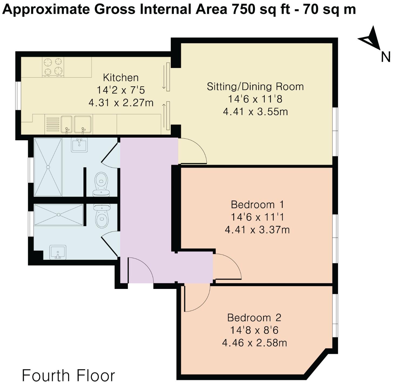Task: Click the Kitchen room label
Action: (x=121, y=78)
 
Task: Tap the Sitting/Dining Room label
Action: (x=255, y=87)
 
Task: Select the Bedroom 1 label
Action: (x=257, y=205)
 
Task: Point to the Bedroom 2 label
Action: (x=254, y=318)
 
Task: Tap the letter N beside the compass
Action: (x=385, y=57)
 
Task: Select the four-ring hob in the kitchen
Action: (x=53, y=67)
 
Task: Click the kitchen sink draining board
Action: (x=53, y=124)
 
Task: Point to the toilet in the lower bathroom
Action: (x=102, y=216)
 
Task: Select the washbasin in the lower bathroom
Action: (x=58, y=252)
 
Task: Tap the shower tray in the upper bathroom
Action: (x=48, y=167)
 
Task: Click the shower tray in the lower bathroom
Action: (x=59, y=215)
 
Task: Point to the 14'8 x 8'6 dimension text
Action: (x=254, y=330)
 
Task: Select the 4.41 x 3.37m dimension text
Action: (x=257, y=230)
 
